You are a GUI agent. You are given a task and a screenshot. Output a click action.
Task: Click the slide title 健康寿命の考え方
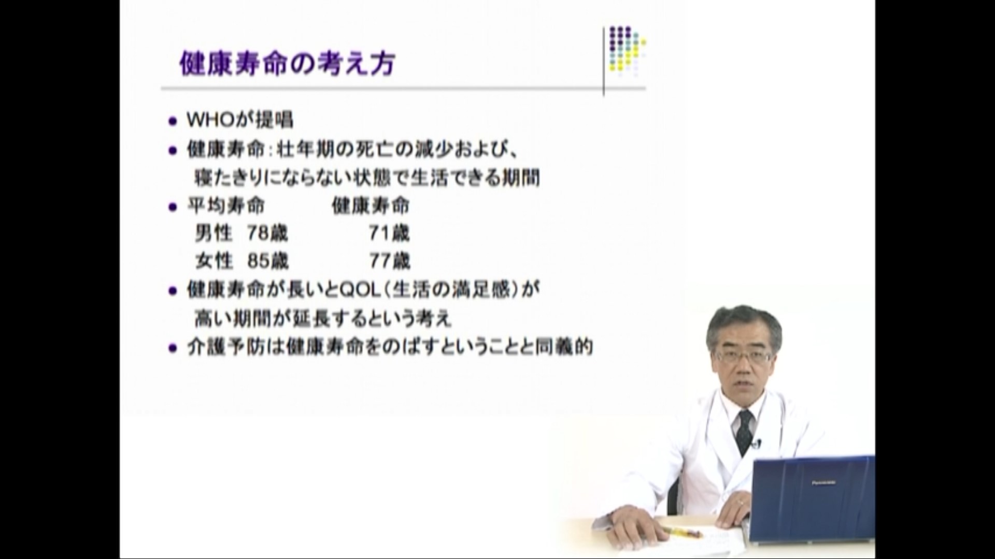pyautogui.click(x=288, y=65)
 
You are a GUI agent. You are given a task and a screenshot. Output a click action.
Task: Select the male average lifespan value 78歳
pyautogui.click(x=267, y=233)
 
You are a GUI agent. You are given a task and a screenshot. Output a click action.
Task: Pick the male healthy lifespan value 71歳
pyautogui.click(x=389, y=233)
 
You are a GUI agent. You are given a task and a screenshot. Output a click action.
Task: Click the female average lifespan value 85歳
pyautogui.click(x=268, y=261)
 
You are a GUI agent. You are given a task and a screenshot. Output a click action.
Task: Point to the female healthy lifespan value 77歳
pyautogui.click(x=390, y=261)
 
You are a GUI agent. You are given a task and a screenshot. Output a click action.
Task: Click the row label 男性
pyautogui.click(x=214, y=233)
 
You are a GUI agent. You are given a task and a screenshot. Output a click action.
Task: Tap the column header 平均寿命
pyautogui.click(x=225, y=206)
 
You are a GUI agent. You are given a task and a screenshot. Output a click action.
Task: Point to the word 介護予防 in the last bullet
pyautogui.click(x=225, y=347)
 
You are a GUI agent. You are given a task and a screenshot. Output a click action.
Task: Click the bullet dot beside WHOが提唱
pyautogui.click(x=173, y=122)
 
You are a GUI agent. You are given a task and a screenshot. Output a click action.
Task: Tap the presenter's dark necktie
pyautogui.click(x=745, y=430)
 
